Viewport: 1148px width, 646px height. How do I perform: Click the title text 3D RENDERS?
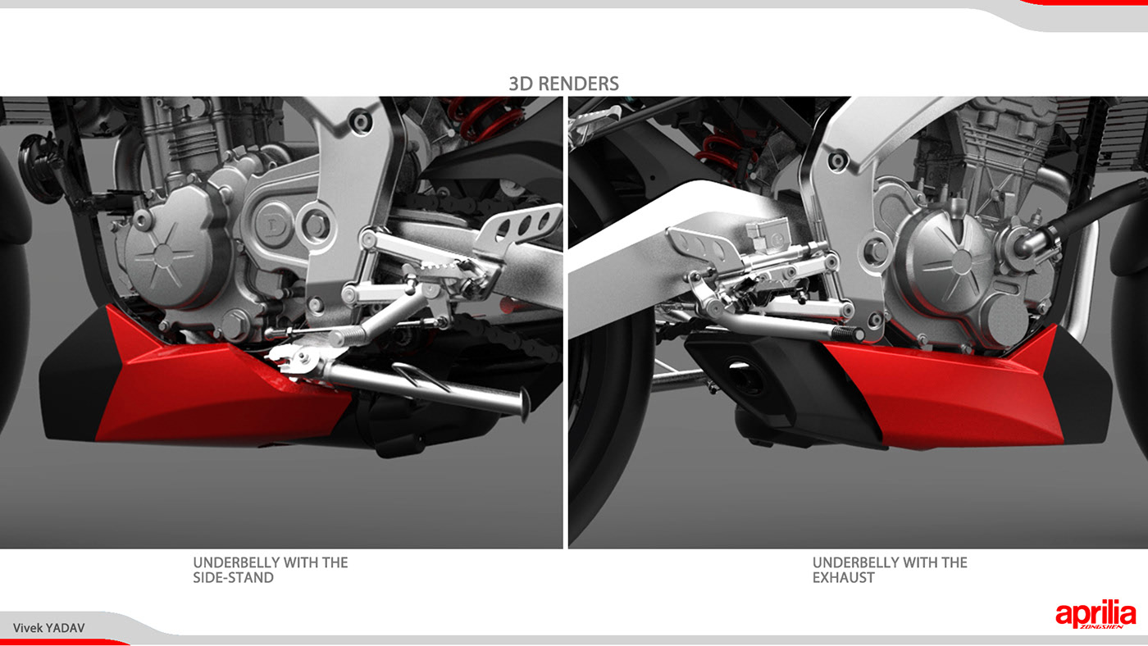(x=563, y=84)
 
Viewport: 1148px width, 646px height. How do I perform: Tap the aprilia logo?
(x=1095, y=615)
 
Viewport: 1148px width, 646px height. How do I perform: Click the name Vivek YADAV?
(x=48, y=628)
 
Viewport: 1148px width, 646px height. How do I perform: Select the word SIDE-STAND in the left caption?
(x=234, y=577)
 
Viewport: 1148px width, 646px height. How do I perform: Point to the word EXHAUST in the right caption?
(x=843, y=577)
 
